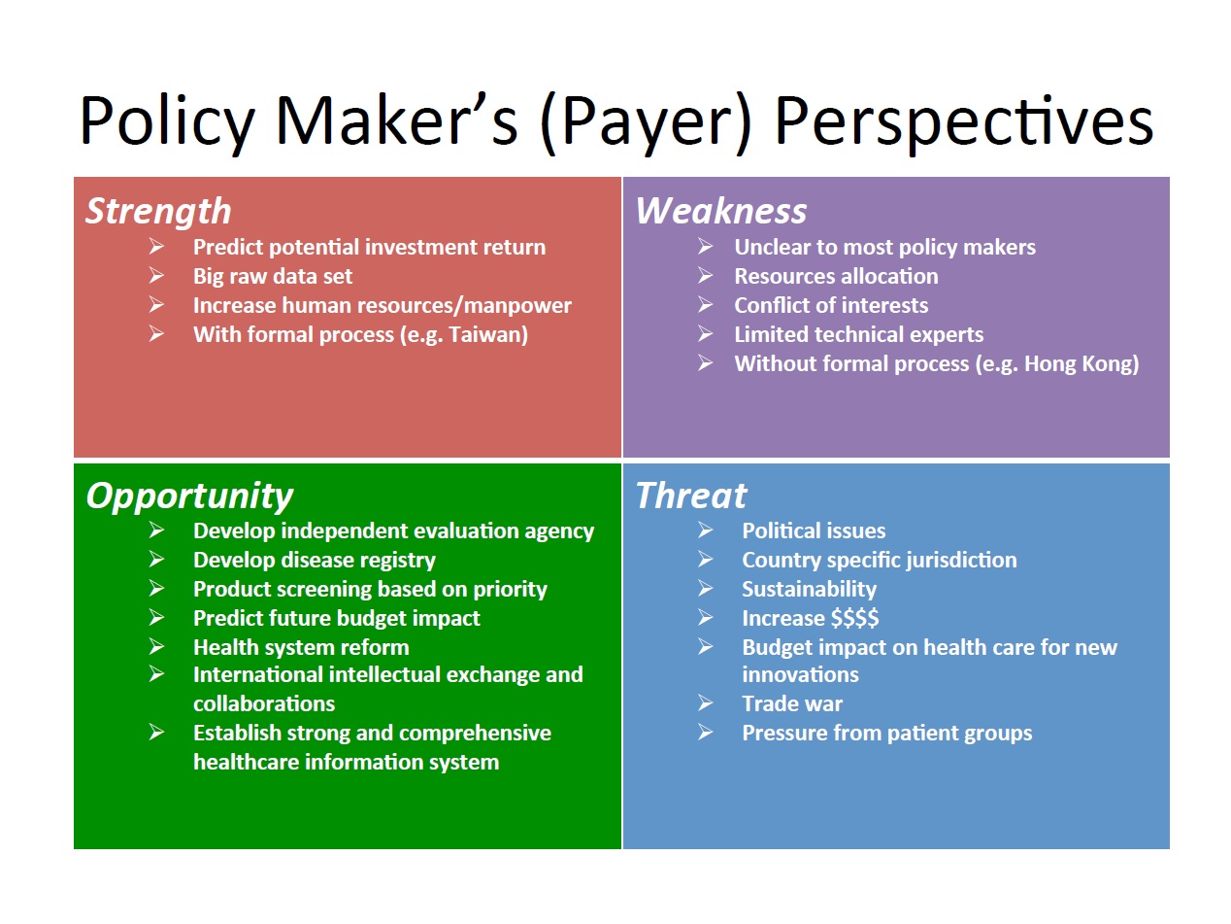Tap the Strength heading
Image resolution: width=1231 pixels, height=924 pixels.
point(158,212)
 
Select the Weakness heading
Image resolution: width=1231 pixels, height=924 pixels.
point(720,211)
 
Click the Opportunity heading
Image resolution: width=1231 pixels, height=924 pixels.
point(189,496)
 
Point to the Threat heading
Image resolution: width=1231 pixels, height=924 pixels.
point(691,496)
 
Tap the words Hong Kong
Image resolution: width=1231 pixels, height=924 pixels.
point(1078,364)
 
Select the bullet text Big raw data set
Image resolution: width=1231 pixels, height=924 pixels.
point(273,277)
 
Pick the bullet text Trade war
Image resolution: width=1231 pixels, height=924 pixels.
point(792,703)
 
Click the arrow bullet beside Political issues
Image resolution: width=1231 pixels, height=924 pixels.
point(706,530)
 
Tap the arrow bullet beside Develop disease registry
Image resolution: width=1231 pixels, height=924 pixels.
point(156,559)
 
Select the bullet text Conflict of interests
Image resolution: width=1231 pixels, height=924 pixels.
point(831,305)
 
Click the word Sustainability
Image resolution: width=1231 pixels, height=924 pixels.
point(809,589)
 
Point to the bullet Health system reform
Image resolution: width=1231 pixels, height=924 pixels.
point(301,647)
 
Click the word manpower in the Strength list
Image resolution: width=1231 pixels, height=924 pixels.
point(517,306)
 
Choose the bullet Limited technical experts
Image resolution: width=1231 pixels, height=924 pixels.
point(858,335)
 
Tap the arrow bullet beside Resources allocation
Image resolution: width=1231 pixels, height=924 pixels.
point(706,275)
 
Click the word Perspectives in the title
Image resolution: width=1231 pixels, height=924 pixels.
point(963,122)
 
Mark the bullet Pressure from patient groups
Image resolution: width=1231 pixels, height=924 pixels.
point(886,734)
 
